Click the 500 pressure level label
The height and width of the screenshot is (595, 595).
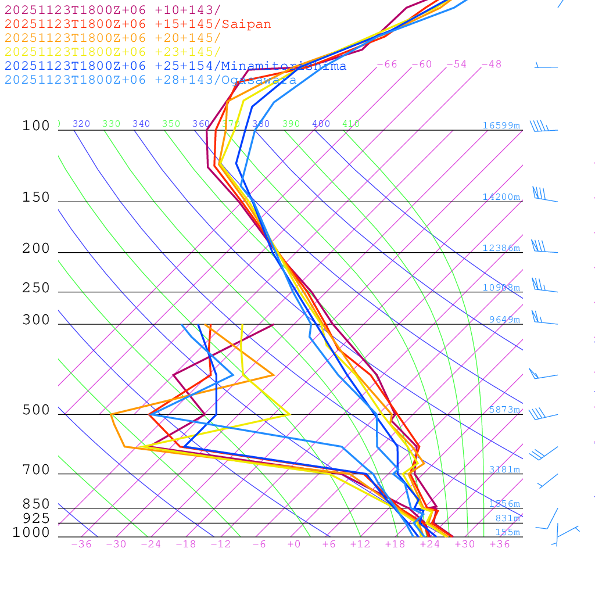(36, 410)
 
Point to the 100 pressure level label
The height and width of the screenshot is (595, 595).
(36, 126)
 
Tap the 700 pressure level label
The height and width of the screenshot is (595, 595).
(36, 469)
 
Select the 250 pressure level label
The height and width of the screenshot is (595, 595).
(36, 288)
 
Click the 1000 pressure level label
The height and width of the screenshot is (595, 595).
(31, 532)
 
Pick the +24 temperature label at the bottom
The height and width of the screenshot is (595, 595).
(430, 544)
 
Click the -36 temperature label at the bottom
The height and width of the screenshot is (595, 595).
(81, 544)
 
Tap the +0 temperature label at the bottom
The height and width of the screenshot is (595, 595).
(294, 544)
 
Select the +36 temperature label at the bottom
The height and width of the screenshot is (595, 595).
(500, 544)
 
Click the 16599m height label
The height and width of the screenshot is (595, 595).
(501, 126)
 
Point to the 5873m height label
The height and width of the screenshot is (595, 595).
(504, 410)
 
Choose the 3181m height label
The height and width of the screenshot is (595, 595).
(504, 469)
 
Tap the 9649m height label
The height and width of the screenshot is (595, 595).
(504, 320)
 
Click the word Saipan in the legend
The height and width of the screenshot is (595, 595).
(248, 24)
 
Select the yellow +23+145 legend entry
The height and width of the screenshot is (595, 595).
(113, 52)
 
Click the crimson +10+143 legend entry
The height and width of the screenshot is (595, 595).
(113, 10)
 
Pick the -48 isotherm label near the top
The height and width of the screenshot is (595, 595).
(491, 64)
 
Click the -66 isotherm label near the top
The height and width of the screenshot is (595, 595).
(386, 64)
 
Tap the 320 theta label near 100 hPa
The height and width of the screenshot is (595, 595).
(81, 124)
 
